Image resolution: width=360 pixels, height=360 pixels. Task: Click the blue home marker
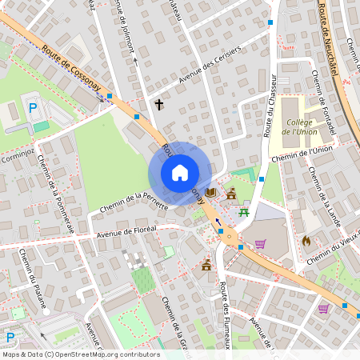click(180, 173)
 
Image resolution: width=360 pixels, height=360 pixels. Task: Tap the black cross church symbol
click(158, 104)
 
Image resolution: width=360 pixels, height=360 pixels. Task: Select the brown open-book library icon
click(210, 193)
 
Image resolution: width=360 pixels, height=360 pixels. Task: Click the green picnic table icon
click(244, 212)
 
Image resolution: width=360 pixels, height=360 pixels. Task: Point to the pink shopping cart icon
click(260, 244)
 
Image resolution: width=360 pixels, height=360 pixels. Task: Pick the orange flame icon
click(306, 239)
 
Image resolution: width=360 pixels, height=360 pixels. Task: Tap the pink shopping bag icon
click(323, 308)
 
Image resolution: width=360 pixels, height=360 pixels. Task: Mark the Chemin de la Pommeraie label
click(55, 192)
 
